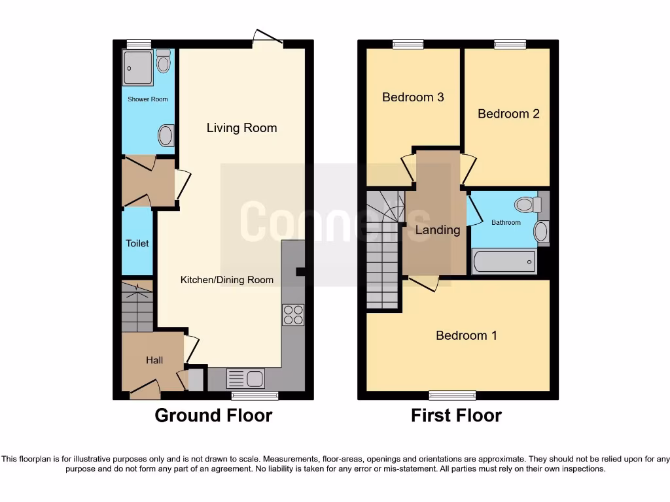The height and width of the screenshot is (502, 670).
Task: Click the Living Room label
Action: click(241, 128)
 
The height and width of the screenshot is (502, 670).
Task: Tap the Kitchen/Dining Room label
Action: click(227, 280)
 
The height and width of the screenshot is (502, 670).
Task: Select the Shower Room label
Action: click(147, 99)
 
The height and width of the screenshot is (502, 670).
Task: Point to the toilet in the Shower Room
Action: click(164, 61)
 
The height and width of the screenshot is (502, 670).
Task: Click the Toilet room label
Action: click(137, 243)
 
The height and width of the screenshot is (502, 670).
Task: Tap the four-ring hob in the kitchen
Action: click(293, 315)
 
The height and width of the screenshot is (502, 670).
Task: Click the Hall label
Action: click(154, 360)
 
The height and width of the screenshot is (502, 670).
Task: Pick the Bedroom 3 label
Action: click(413, 97)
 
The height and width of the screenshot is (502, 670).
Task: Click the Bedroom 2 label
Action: click(508, 114)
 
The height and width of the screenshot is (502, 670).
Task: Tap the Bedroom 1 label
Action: click(467, 335)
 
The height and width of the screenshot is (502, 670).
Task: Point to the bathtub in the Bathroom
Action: click(503, 261)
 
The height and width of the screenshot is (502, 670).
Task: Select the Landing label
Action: click(438, 230)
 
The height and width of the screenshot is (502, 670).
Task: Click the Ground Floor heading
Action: click(213, 415)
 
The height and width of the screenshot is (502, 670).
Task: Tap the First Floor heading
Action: click(456, 415)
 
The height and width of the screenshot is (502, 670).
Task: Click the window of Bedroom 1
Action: click(452, 394)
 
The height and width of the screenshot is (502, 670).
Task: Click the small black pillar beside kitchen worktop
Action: click(300, 271)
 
